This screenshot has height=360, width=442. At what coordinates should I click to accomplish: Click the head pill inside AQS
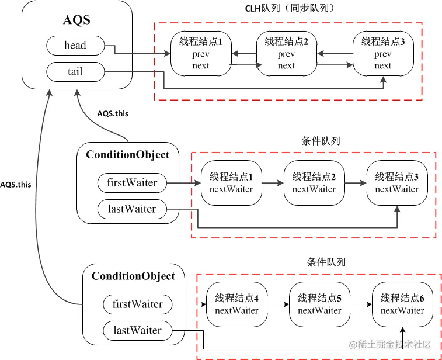[x=75, y=46]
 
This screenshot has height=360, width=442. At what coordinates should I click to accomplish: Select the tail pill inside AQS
[x=75, y=72]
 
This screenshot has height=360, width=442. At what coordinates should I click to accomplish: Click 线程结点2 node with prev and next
[x=286, y=54]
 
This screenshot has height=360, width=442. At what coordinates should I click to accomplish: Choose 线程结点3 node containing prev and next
[x=382, y=54]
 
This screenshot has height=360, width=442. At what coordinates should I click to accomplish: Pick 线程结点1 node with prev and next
[x=200, y=54]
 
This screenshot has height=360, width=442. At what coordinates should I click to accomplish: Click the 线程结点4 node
[x=236, y=304]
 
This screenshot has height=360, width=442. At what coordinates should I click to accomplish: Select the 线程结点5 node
[x=319, y=304]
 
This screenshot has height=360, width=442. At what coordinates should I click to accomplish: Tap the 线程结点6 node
[x=402, y=304]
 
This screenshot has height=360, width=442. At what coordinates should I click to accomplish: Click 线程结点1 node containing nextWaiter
[x=231, y=183]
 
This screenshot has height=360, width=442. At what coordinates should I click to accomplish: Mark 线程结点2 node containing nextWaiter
[x=314, y=183]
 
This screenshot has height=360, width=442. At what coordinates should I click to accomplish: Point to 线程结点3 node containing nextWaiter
[x=397, y=183]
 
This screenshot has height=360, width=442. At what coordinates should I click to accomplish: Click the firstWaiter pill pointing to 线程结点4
[x=138, y=304]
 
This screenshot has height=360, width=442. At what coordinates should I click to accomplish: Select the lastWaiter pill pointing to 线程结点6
[x=138, y=331]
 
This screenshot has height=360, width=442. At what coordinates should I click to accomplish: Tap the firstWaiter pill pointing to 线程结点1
[x=132, y=183]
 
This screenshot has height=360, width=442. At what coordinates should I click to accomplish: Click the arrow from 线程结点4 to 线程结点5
[x=278, y=304]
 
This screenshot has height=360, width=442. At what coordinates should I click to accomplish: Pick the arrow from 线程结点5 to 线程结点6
[x=361, y=304]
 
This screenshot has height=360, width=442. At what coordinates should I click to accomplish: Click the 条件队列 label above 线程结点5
[x=326, y=262]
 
